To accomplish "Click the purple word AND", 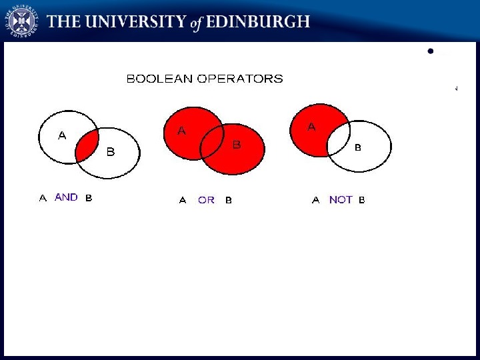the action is [66, 197].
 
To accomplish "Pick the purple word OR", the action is [206, 200].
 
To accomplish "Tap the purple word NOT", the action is [341, 200].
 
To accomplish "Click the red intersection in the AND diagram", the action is [87, 146].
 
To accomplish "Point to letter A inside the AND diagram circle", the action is [62, 135].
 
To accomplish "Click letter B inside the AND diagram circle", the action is [111, 152].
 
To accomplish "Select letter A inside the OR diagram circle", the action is [181, 131].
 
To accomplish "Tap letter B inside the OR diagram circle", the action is [236, 144].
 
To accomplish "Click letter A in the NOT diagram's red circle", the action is [311, 126].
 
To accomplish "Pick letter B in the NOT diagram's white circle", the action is [357, 147].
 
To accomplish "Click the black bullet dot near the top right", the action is [431, 51].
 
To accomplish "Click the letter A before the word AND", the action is [43, 198].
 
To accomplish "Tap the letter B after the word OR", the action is [229, 200].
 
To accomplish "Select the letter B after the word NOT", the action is [362, 200].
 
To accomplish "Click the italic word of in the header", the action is [195, 23].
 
